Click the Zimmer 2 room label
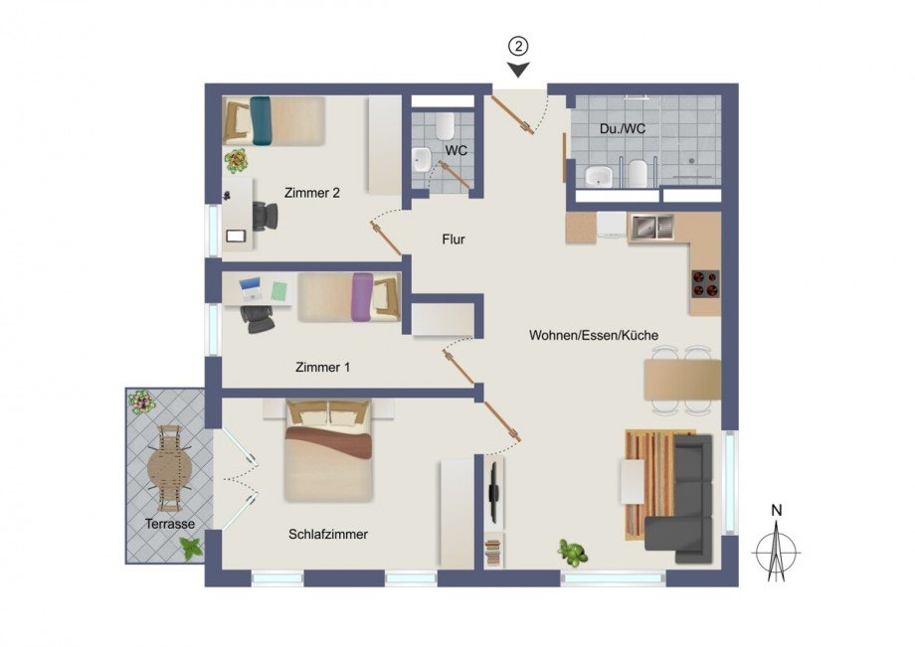[x=311, y=193]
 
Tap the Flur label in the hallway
[x=454, y=239]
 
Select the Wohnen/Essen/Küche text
[x=593, y=336]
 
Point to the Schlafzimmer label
[x=328, y=534]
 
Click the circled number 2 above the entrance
[x=518, y=46]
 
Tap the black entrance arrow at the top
[x=518, y=70]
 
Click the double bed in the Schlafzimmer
[x=328, y=449]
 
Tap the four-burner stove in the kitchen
[x=705, y=283]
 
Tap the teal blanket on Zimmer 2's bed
[x=261, y=119]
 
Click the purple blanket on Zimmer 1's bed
[x=362, y=296]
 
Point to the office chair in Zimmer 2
[x=264, y=214]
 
